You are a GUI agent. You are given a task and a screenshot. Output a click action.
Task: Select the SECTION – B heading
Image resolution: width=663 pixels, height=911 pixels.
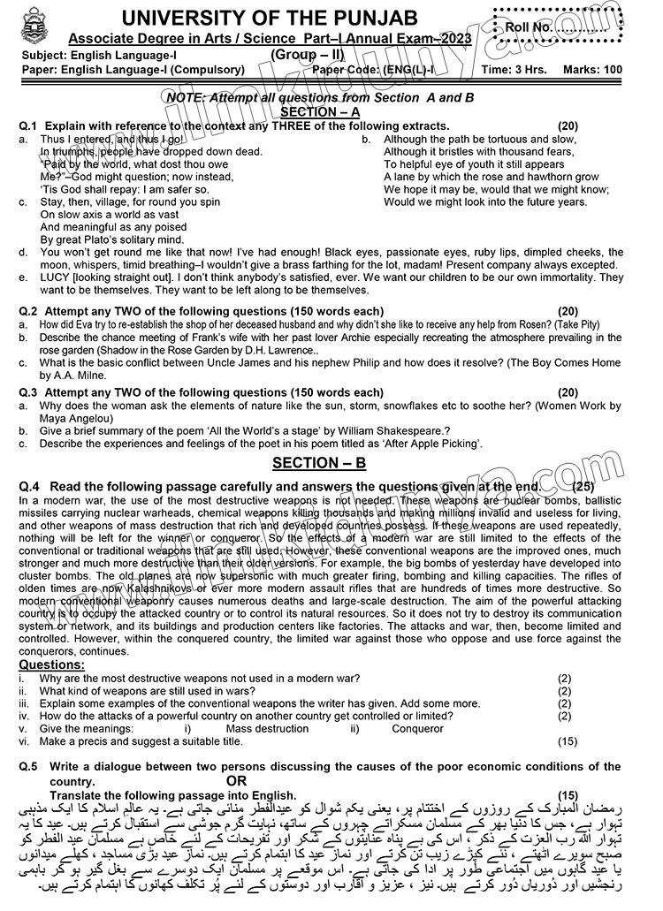318,463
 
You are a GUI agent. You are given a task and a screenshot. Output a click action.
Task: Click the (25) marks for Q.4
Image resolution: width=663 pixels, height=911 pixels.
584,486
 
